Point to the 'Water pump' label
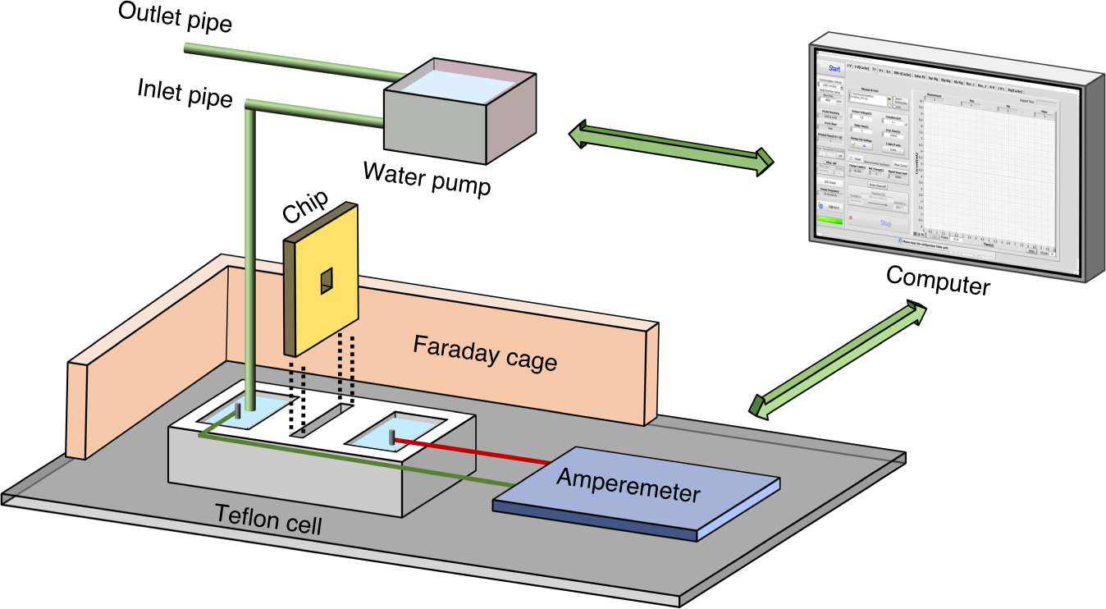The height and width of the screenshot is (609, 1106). pyautogui.click(x=427, y=177)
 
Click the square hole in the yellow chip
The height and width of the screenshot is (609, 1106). pyautogui.click(x=327, y=281)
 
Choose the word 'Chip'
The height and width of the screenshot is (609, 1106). pyautogui.click(x=306, y=208)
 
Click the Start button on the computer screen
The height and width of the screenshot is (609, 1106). pyautogui.click(x=834, y=68)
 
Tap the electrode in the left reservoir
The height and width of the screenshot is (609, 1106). pyautogui.click(x=240, y=410)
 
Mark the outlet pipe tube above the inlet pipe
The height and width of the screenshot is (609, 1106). pyautogui.click(x=287, y=65)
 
